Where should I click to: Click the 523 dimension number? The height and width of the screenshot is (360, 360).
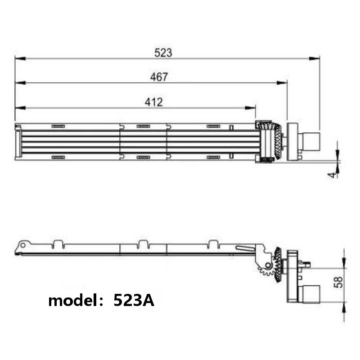(x=163, y=53)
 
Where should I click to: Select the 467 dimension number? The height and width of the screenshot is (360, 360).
(x=159, y=77)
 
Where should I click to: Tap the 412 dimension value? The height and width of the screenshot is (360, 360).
(x=153, y=102)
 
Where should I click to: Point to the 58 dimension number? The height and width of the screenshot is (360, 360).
(x=338, y=282)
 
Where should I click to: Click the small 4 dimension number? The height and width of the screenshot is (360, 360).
(x=332, y=175)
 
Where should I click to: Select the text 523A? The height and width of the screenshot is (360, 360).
(x=134, y=300)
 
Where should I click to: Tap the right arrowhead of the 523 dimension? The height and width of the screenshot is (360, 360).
(x=314, y=58)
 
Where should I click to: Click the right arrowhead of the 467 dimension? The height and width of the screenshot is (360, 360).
(x=282, y=83)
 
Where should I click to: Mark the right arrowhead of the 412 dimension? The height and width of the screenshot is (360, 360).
(x=250, y=108)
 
